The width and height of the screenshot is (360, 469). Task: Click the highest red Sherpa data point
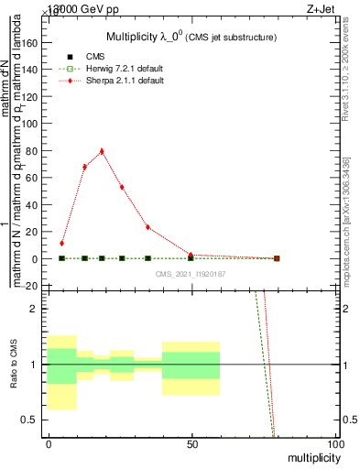pyautogui.click(x=102, y=151)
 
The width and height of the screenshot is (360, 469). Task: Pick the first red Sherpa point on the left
pyautogui.click(x=61, y=244)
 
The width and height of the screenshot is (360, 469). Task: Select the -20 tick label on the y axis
pyautogui.click(x=33, y=286)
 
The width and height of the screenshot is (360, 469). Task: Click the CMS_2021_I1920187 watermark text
pyautogui.click(x=191, y=273)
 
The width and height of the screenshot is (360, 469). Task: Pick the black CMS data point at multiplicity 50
pyautogui.click(x=191, y=258)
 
